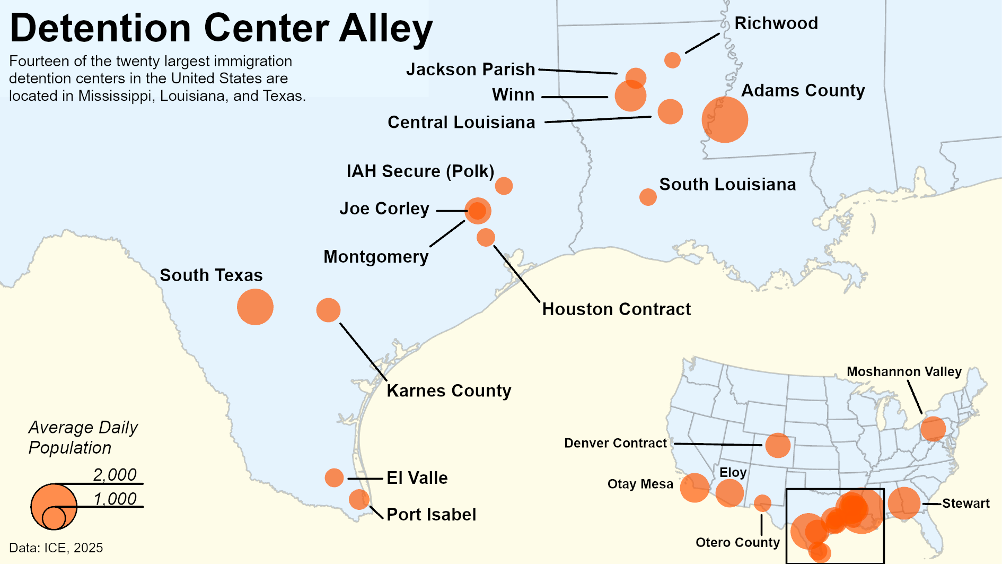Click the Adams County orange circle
(724, 119)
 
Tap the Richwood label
(776, 23)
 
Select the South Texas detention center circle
(255, 307)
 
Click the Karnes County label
(449, 391)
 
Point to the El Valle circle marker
(334, 478)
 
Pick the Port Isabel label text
(431, 515)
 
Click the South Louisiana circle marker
(647, 197)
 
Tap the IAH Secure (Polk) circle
(503, 186)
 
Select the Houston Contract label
(616, 309)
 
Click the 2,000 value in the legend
(115, 474)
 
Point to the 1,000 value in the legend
(115, 499)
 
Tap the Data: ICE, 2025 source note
(56, 548)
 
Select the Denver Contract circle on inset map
(777, 445)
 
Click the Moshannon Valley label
(903, 372)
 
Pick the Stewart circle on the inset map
(903, 503)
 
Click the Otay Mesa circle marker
(694, 488)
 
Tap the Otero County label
(737, 542)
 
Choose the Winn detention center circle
(630, 96)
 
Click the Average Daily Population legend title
(83, 437)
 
